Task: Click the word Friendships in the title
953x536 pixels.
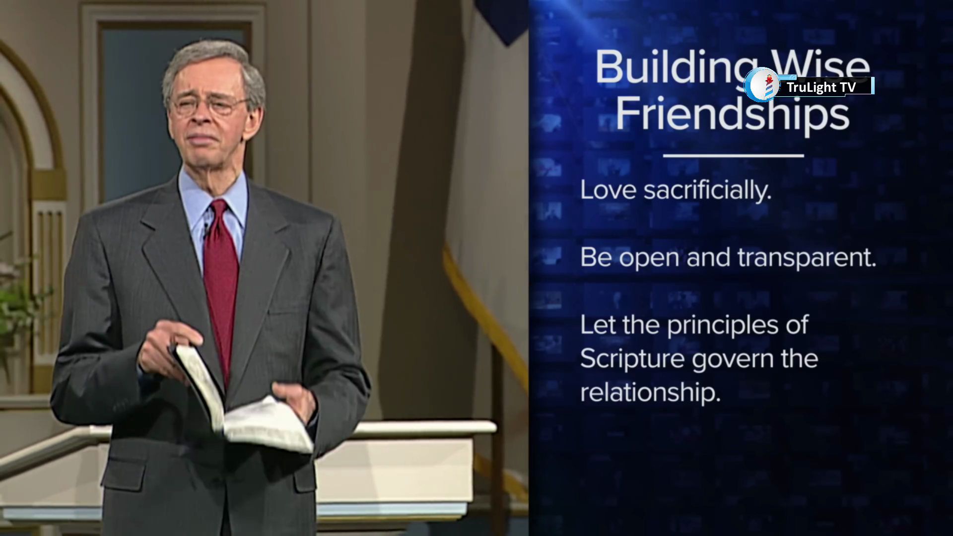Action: pyautogui.click(x=733, y=114)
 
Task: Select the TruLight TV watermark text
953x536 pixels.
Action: pyautogui.click(x=821, y=87)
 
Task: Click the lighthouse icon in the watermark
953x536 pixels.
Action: pyautogui.click(x=769, y=85)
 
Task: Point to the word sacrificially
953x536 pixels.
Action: pyautogui.click(x=707, y=190)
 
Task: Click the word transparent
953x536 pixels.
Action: pyautogui.click(x=807, y=258)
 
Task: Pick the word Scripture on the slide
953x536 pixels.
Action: pyautogui.click(x=632, y=359)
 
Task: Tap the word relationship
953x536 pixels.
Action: pyautogui.click(x=650, y=393)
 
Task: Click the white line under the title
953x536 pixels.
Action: pyautogui.click(x=733, y=155)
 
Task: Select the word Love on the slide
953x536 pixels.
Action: pyautogui.click(x=608, y=190)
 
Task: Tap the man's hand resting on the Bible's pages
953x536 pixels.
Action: pyautogui.click(x=294, y=400)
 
